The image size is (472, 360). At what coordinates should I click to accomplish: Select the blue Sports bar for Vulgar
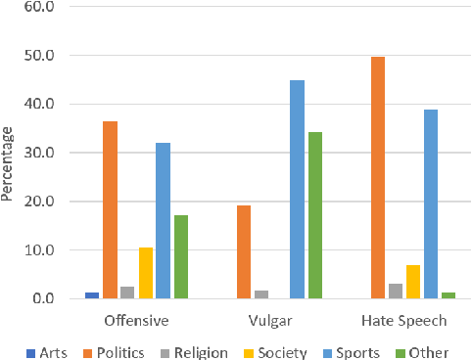click(x=297, y=190)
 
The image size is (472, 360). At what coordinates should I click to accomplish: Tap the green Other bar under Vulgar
click(x=314, y=215)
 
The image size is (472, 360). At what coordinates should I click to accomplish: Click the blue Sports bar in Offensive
click(x=163, y=221)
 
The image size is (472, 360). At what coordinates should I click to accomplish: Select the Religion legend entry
click(x=197, y=352)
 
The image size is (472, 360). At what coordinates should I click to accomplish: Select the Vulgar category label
click(x=270, y=321)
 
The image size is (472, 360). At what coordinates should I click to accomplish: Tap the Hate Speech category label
click(x=403, y=321)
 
